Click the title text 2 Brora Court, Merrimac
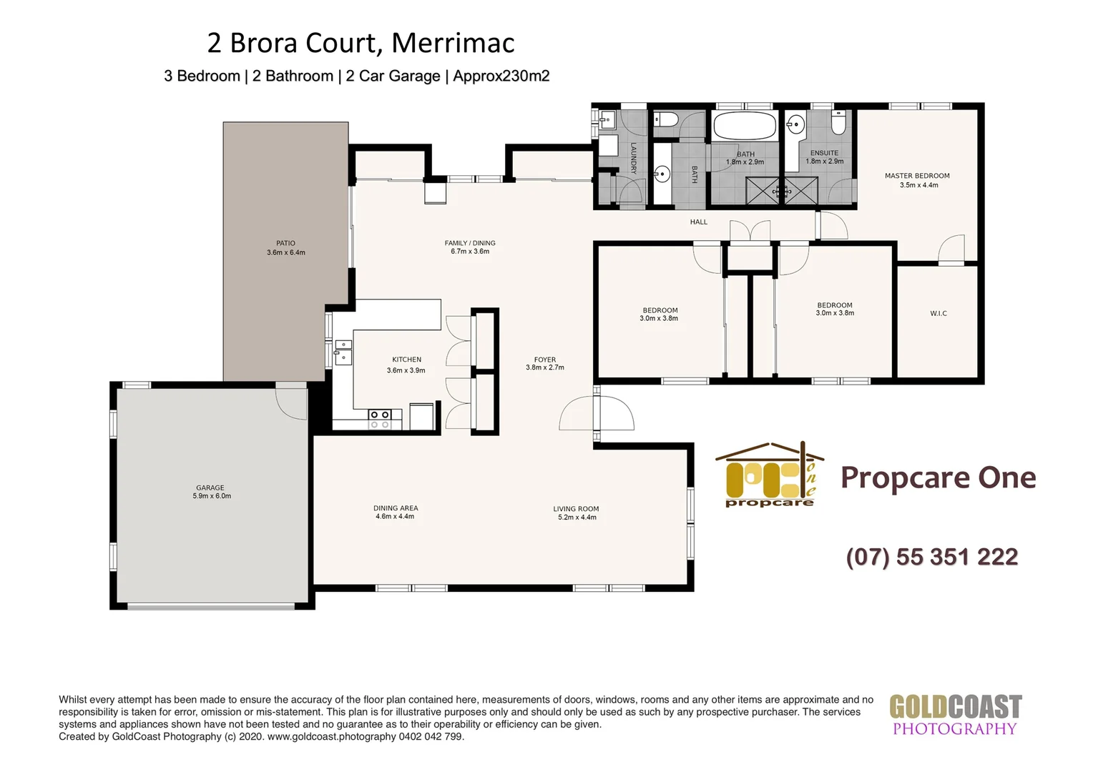pyautogui.click(x=361, y=43)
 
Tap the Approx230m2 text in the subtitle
pyautogui.click(x=501, y=76)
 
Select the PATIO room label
pyautogui.click(x=285, y=244)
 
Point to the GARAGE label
pyautogui.click(x=210, y=488)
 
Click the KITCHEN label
pyautogui.click(x=406, y=360)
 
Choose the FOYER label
pyautogui.click(x=544, y=360)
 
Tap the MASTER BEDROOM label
pyautogui.click(x=917, y=176)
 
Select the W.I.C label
pyautogui.click(x=938, y=313)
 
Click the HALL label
pyautogui.click(x=698, y=222)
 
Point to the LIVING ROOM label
pyautogui.click(x=576, y=509)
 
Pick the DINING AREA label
pyautogui.click(x=396, y=508)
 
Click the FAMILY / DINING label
pyautogui.click(x=470, y=243)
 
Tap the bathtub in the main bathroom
pyautogui.click(x=745, y=126)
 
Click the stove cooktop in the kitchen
pyautogui.click(x=379, y=420)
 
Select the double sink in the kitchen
pyautogui.click(x=343, y=351)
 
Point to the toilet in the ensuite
pyautogui.click(x=838, y=122)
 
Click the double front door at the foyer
pyautogui.click(x=597, y=415)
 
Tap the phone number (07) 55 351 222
pyautogui.click(x=931, y=557)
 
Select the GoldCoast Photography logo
pyautogui.click(x=955, y=715)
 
